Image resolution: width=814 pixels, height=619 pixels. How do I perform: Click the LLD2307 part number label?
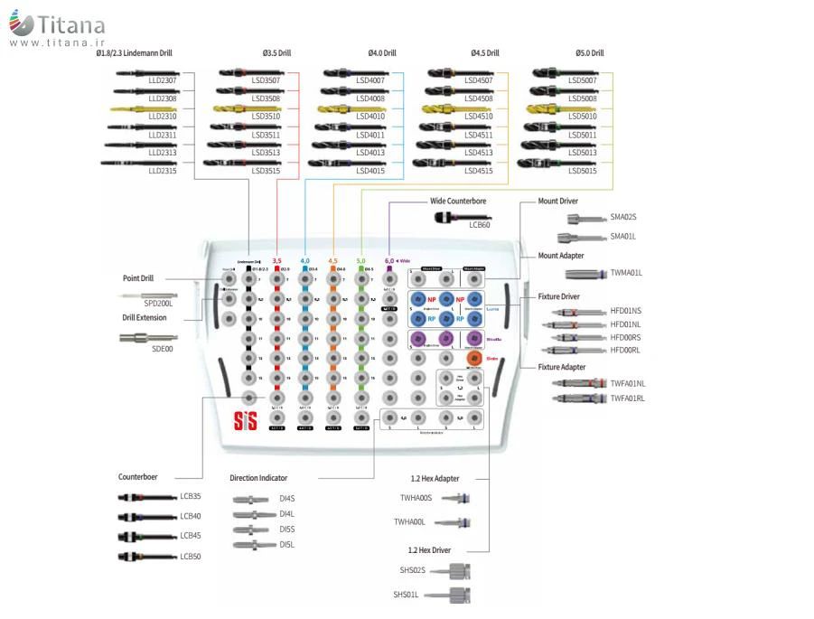click(163, 80)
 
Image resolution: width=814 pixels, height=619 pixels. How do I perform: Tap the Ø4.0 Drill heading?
click(381, 53)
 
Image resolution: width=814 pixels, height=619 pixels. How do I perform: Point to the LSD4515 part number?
click(479, 170)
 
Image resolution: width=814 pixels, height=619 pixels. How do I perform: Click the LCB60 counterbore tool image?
click(462, 217)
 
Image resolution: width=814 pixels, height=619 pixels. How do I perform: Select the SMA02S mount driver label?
click(623, 217)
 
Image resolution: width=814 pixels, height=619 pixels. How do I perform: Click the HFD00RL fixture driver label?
click(625, 350)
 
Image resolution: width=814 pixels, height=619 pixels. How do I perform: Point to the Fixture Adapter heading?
click(562, 367)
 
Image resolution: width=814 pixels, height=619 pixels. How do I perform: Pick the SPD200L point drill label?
click(158, 303)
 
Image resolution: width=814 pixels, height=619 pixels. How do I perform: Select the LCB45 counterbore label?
click(191, 535)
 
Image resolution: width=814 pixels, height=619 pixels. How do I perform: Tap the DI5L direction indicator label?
click(287, 544)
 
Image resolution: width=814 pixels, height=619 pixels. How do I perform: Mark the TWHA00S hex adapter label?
click(416, 498)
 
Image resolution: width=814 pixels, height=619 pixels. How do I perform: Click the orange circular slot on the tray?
click(473, 358)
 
